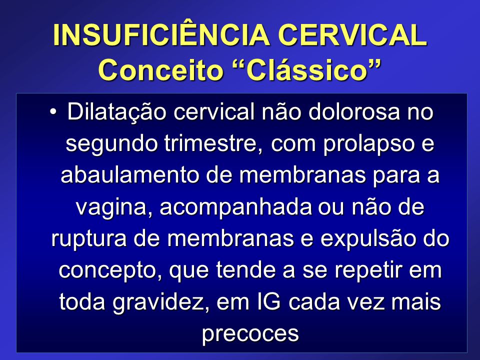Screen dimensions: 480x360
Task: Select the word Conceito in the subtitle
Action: coord(160,70)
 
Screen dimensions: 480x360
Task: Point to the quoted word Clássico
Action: coord(307,70)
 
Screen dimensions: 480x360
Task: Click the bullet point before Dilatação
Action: coord(53,111)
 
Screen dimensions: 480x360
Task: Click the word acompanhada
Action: coord(235,207)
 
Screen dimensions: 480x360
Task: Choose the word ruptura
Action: coord(89,239)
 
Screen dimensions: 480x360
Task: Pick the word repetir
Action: coord(368,270)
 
